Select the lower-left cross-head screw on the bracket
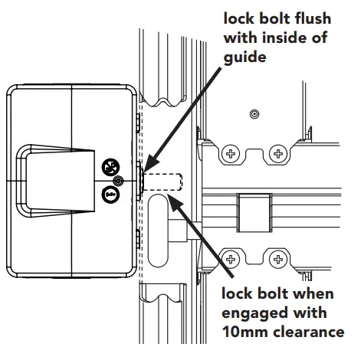coord(229,257)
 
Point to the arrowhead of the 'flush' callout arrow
coord(146,167)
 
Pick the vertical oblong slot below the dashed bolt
coord(158,230)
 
